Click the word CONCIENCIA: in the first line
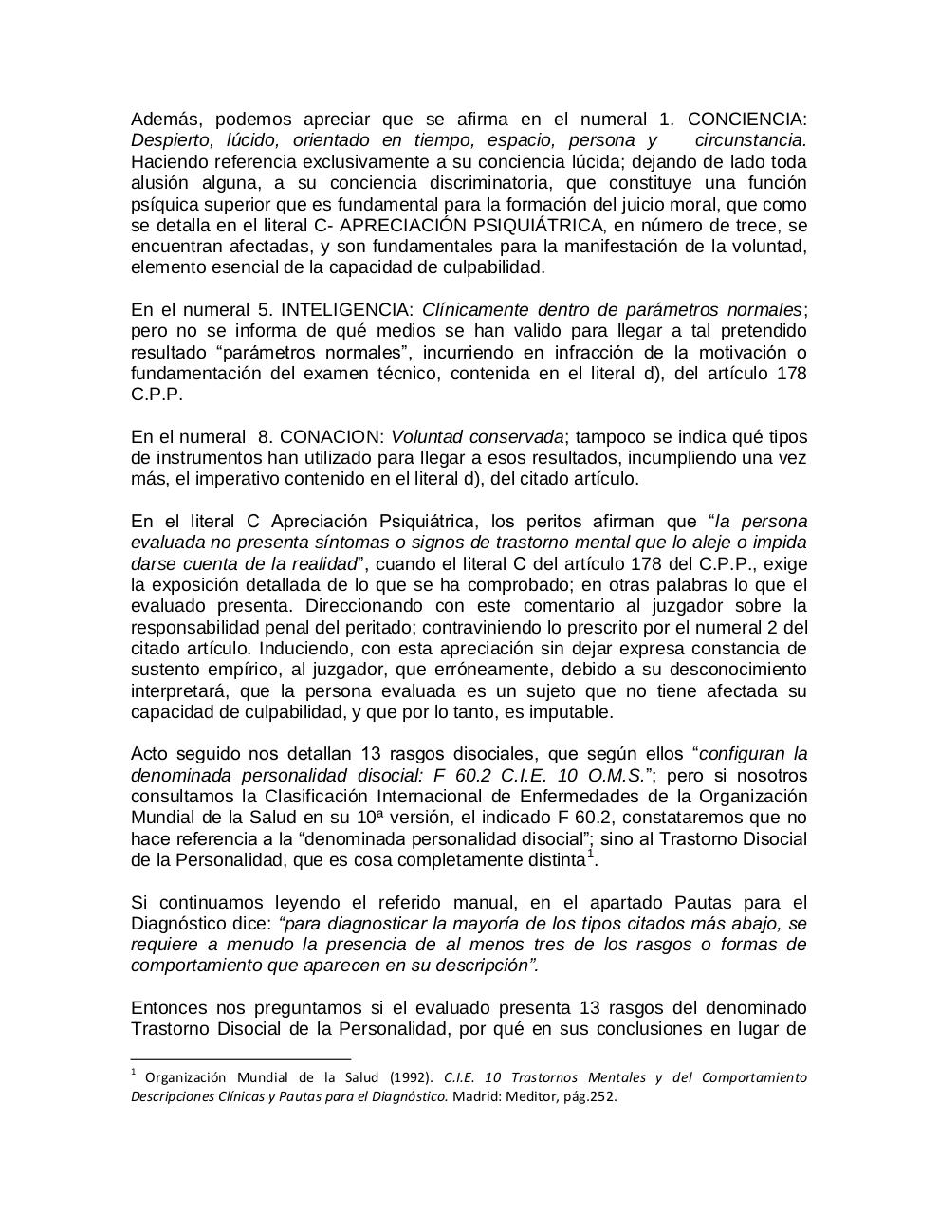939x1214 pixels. (x=746, y=120)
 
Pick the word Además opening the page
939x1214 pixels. (x=166, y=120)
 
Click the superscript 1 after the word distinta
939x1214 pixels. (x=589, y=855)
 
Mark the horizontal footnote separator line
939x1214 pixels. (x=240, y=1058)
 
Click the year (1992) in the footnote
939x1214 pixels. (x=410, y=1077)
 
